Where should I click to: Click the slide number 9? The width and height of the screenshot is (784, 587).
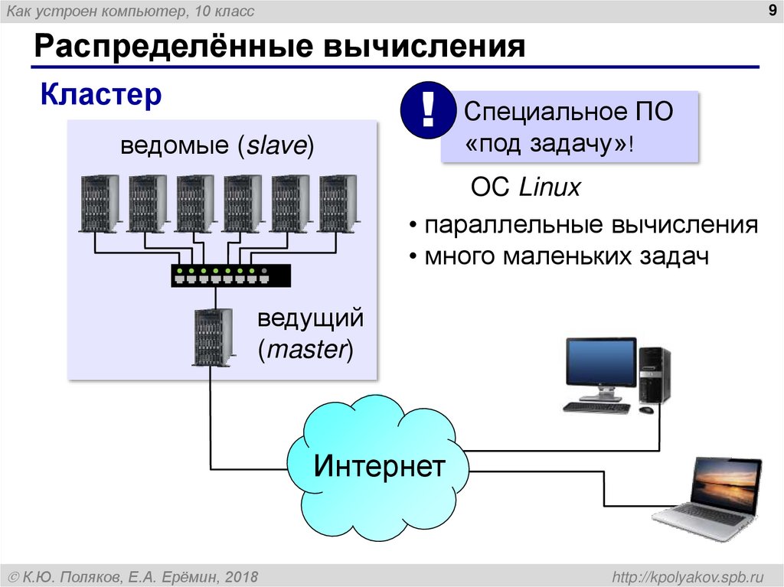click(x=770, y=10)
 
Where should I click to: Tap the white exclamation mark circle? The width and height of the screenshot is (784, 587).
click(x=428, y=112)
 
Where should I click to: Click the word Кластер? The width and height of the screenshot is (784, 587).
click(x=101, y=96)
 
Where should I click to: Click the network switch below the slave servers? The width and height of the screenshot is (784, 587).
click(x=230, y=275)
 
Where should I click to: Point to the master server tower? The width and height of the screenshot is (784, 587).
click(x=212, y=337)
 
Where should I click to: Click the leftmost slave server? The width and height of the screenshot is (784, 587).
click(x=100, y=203)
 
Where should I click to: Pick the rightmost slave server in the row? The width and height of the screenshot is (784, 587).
click(x=338, y=203)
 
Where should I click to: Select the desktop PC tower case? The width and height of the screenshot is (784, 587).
click(x=655, y=374)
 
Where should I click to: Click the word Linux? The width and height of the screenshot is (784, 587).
click(x=550, y=188)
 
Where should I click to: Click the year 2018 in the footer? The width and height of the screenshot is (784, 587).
click(x=242, y=576)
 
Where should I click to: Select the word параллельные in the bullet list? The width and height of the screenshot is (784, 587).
click(x=513, y=226)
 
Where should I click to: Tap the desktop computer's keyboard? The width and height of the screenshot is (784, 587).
click(x=596, y=408)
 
